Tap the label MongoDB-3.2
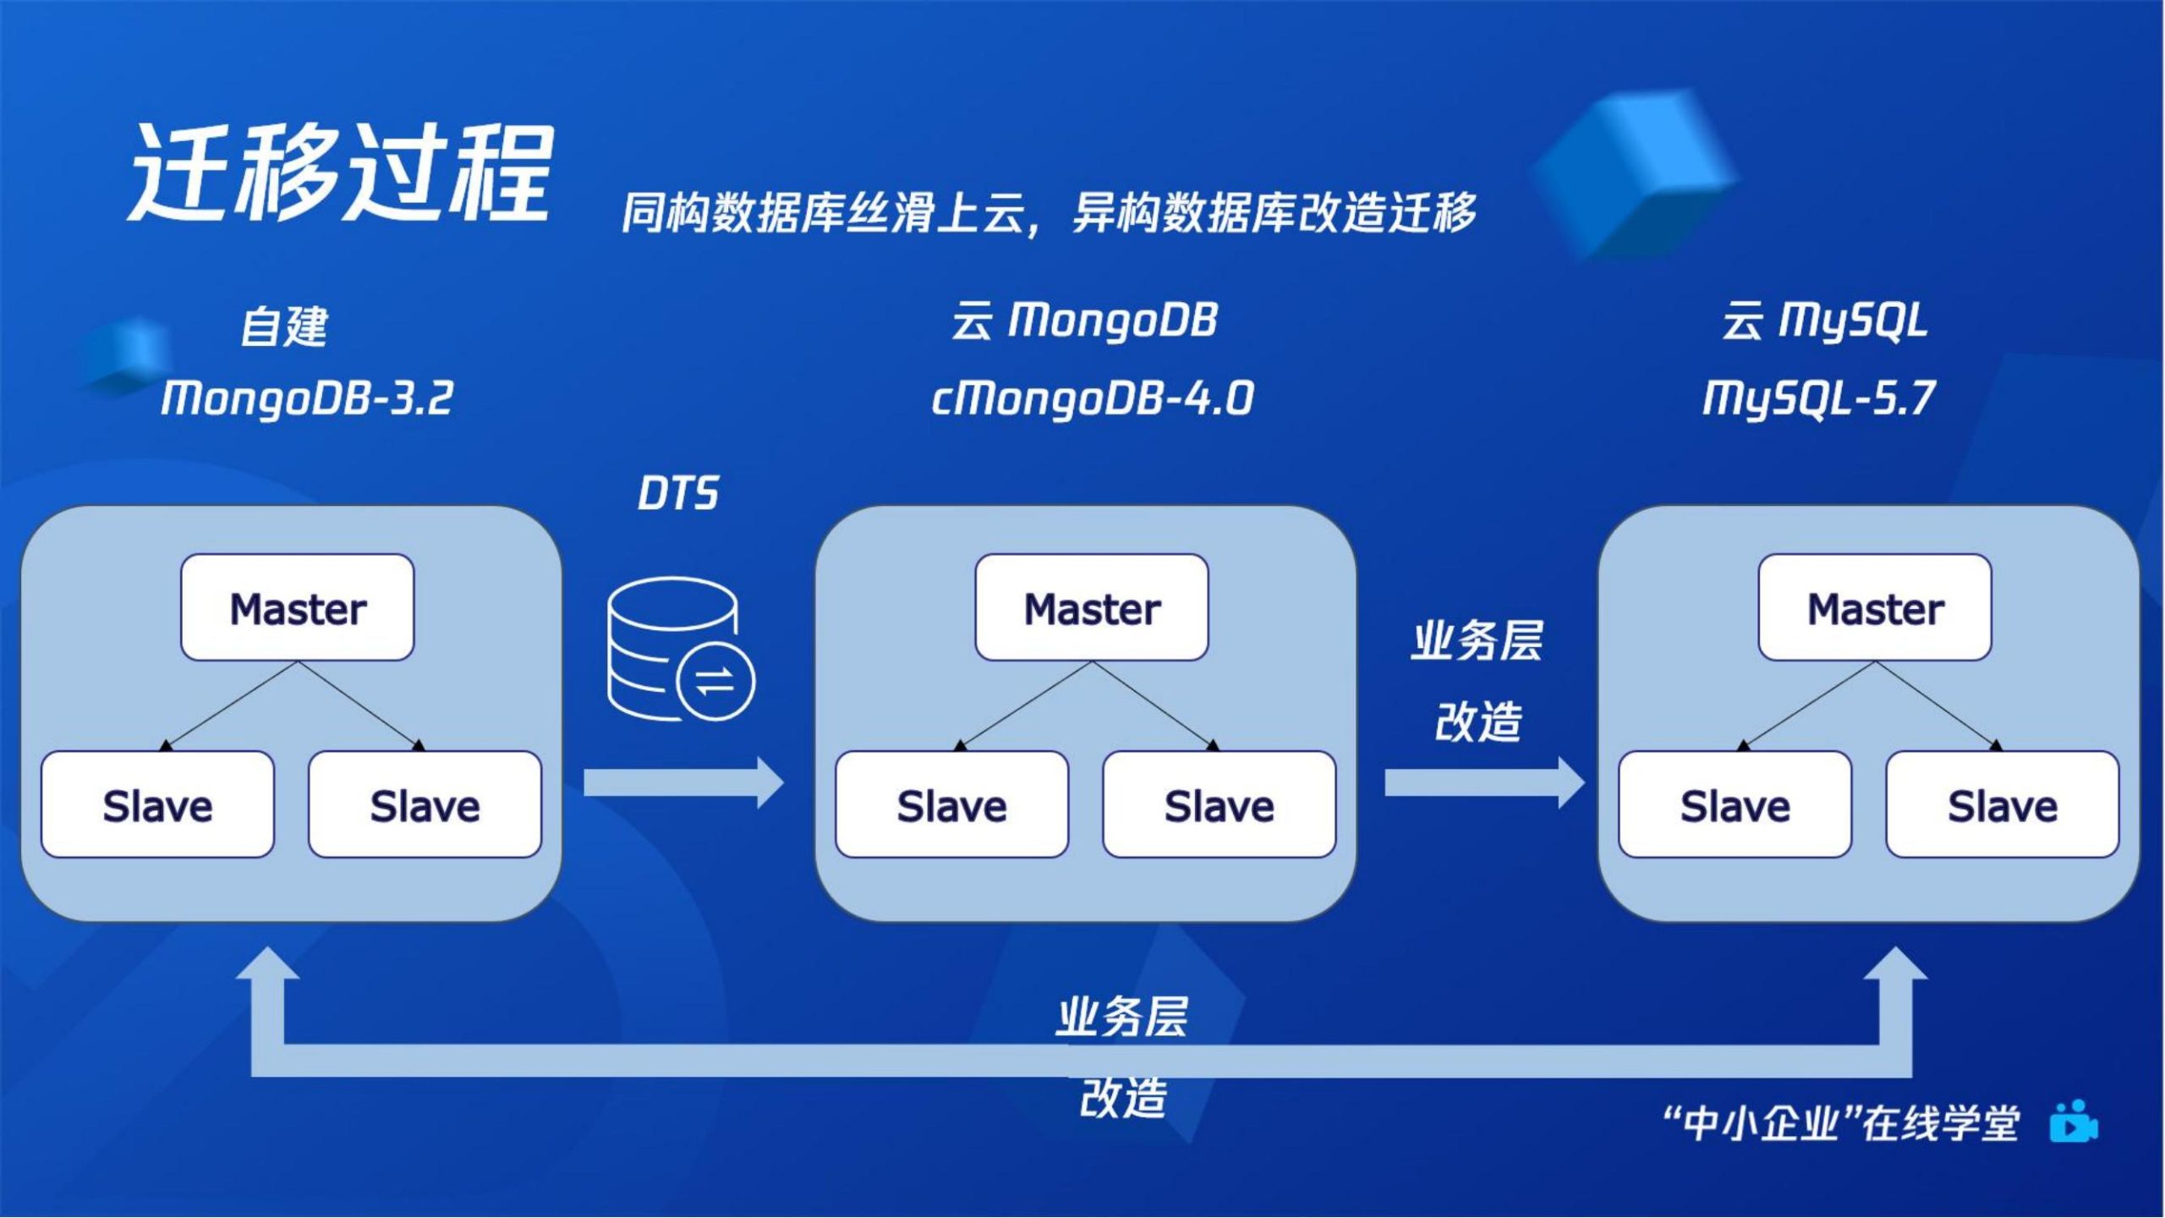(307, 398)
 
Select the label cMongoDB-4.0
(1092, 398)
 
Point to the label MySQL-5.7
(1818, 398)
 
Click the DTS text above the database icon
(677, 493)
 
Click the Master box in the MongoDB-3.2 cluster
(298, 607)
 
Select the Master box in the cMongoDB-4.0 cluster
(1092, 607)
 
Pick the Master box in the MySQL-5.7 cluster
(1875, 607)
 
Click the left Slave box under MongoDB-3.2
(158, 804)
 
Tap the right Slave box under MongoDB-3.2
(425, 804)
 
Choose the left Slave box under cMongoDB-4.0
(952, 804)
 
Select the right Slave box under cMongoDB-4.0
(1220, 804)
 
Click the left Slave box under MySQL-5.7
(1735, 804)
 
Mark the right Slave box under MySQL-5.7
(2003, 804)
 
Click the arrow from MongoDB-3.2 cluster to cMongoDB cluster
(684, 783)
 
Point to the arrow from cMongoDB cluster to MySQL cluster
(1485, 783)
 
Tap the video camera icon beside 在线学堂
(2074, 1122)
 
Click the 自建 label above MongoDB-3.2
(284, 326)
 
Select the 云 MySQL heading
(1825, 321)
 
